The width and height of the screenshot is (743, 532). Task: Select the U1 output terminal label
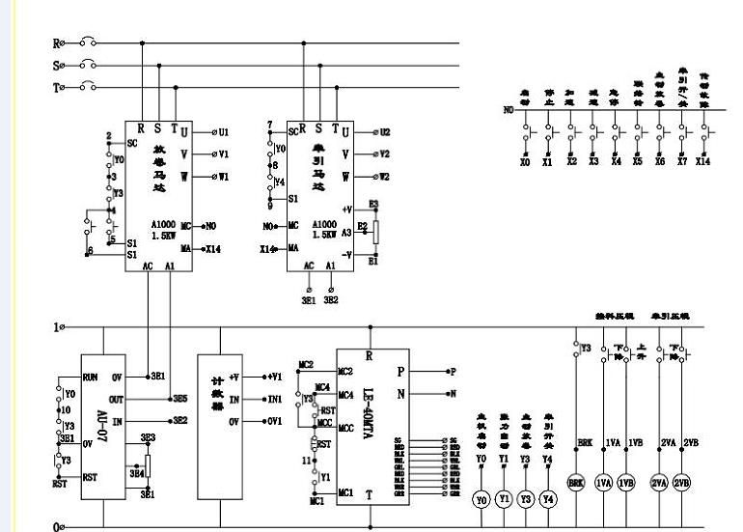click(x=222, y=131)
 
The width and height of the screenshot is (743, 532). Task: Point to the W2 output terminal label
click(x=384, y=177)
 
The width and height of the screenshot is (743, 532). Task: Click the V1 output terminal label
click(x=222, y=154)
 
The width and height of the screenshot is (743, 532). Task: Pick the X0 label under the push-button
click(x=525, y=162)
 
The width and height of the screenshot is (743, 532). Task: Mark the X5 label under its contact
click(x=638, y=162)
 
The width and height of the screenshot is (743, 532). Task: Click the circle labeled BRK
click(x=577, y=482)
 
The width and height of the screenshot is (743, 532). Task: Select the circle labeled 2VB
click(x=681, y=482)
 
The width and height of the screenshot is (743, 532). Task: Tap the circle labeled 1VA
click(x=604, y=482)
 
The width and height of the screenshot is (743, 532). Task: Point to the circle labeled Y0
click(x=482, y=499)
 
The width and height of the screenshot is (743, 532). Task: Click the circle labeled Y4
click(x=548, y=499)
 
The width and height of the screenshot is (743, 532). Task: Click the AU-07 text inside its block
click(x=100, y=421)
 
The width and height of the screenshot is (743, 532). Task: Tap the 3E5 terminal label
click(x=179, y=398)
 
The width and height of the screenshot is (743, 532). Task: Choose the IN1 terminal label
click(x=275, y=398)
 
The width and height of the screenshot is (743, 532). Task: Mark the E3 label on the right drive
click(x=372, y=206)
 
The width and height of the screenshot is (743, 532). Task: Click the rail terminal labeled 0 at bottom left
click(x=60, y=525)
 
